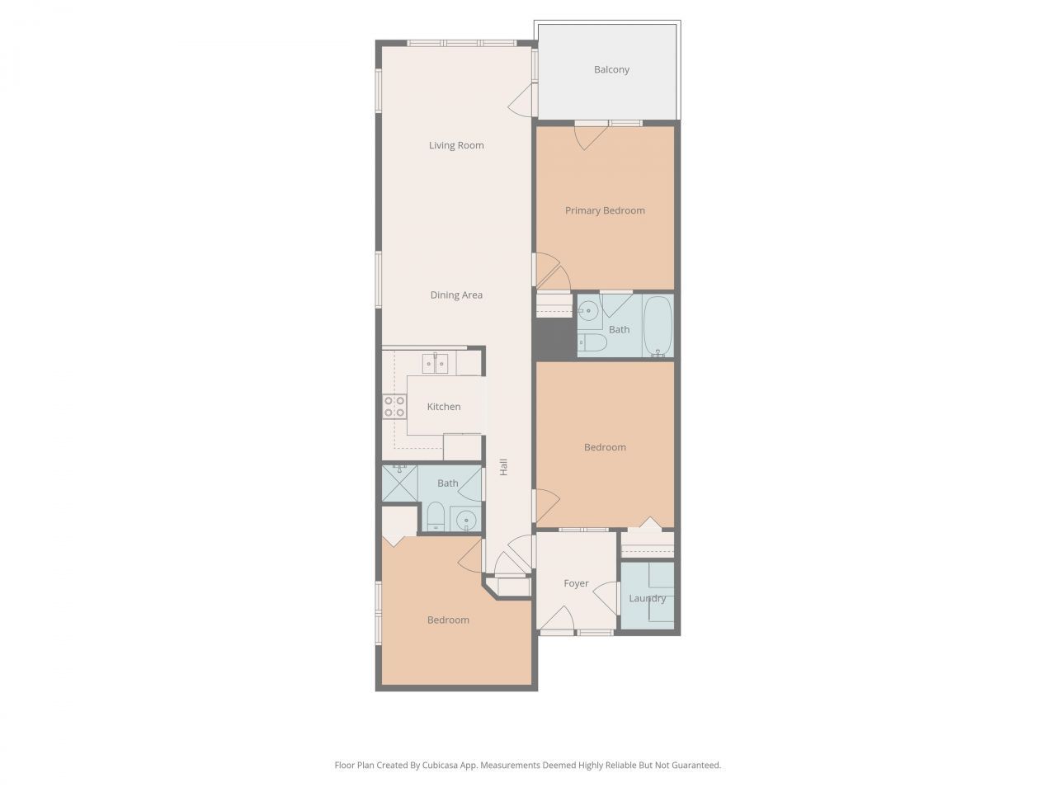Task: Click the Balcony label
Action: point(611,69)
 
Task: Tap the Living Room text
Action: point(456,145)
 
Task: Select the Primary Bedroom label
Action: point(605,210)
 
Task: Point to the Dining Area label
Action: point(456,295)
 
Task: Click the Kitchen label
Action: point(444,407)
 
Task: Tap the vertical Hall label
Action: point(502,467)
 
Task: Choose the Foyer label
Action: point(576,583)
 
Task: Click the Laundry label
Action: point(647,598)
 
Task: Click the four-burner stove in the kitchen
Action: point(394,406)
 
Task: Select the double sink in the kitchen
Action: point(435,363)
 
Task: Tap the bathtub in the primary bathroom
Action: point(658,325)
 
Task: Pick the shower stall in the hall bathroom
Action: point(400,483)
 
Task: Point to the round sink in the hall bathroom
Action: point(467,520)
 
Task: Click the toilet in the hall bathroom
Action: point(436,518)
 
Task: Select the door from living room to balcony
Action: point(521,102)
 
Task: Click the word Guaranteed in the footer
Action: point(695,765)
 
